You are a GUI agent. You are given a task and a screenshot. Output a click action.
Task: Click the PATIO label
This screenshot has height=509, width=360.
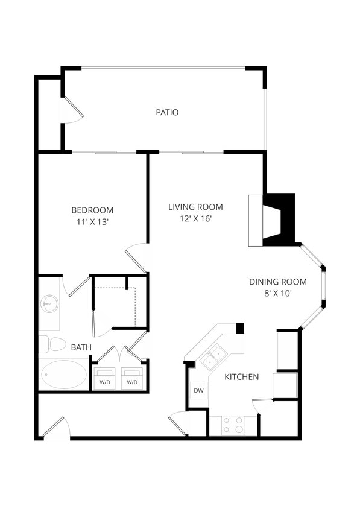167,112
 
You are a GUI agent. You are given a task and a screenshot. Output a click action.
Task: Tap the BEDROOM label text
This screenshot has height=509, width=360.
92,210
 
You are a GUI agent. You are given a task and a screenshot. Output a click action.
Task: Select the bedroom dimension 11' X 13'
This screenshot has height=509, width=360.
92,222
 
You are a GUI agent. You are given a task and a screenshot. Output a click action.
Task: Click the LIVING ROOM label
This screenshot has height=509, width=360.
195,207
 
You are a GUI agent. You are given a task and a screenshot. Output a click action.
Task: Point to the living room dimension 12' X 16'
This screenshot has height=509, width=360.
195,218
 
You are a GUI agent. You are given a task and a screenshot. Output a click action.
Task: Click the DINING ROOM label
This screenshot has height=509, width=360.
278,282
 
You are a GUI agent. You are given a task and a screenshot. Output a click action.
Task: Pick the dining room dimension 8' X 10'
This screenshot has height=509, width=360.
278,294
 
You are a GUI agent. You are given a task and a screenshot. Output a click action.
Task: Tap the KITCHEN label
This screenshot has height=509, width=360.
242,377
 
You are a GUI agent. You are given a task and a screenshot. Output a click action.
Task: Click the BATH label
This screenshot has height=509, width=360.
81,347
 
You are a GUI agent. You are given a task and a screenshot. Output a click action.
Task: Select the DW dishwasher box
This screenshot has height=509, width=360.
198,391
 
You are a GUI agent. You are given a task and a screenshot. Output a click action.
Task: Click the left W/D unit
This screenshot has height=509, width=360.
105,379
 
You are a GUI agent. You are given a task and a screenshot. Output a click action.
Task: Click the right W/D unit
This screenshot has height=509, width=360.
132,379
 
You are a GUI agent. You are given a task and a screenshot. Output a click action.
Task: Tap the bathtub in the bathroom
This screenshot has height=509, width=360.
64,375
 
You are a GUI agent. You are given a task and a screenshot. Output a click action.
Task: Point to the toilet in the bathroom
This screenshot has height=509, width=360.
54,344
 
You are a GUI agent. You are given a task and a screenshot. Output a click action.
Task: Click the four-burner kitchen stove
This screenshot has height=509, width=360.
232,425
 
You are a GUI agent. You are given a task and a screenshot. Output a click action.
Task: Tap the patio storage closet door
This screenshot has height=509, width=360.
72,111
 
